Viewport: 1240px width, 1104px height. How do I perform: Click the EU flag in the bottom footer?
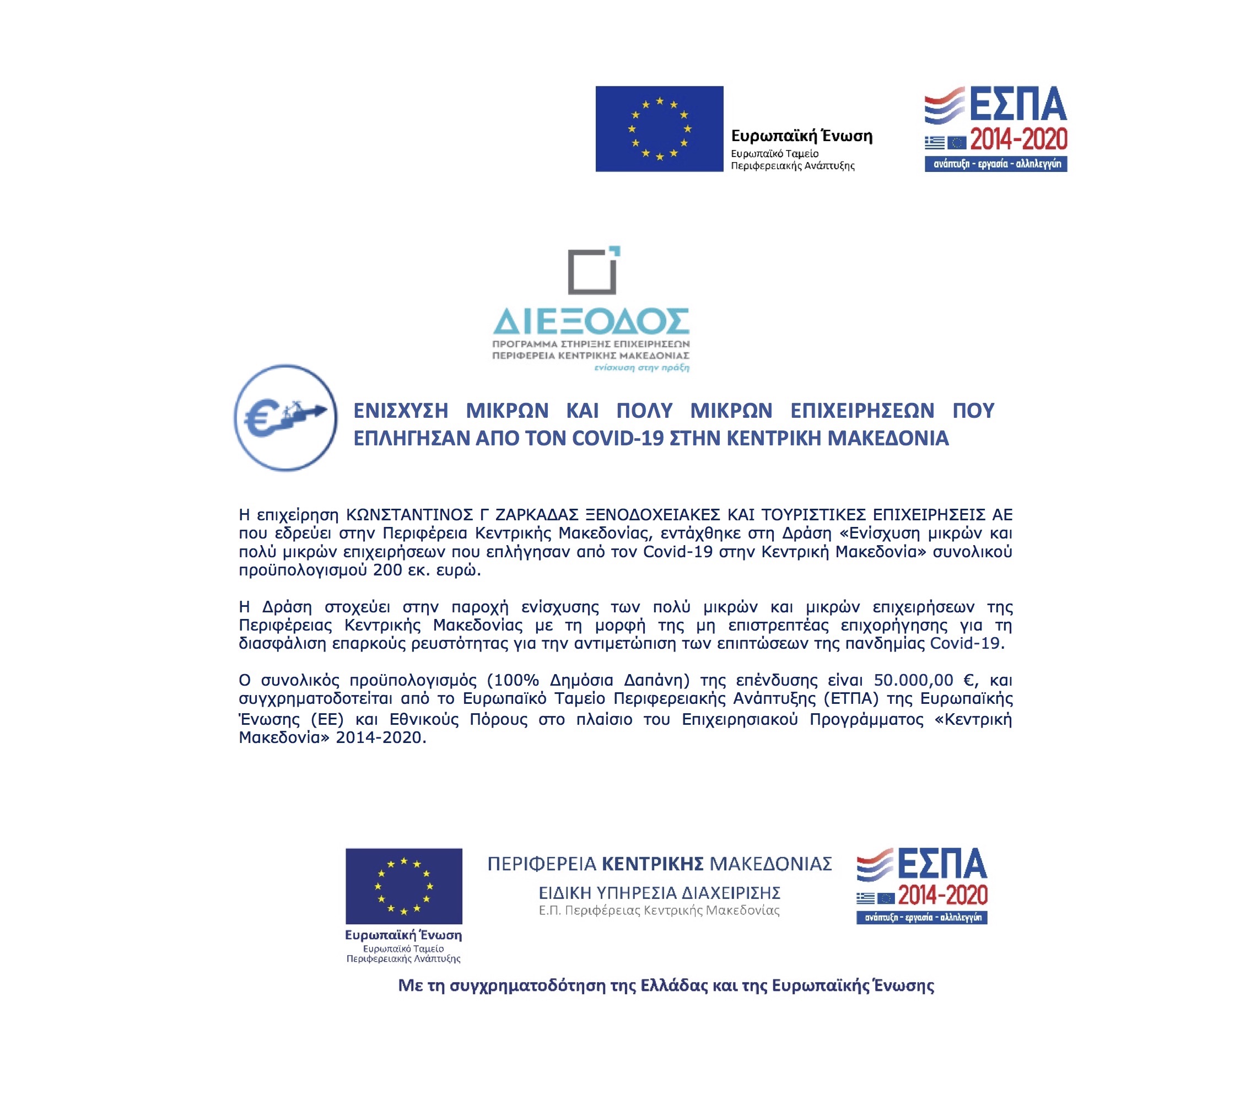[403, 886]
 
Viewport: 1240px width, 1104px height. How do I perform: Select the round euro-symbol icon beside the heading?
[285, 418]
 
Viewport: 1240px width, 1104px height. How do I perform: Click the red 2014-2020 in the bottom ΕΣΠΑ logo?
[943, 895]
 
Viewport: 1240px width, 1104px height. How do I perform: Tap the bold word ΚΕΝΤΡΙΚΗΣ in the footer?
[652, 863]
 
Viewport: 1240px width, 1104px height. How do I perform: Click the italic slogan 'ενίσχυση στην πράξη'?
[641, 368]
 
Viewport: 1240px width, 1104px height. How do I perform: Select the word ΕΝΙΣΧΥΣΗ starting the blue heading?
[401, 411]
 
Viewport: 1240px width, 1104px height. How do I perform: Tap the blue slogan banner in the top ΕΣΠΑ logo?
[995, 164]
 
